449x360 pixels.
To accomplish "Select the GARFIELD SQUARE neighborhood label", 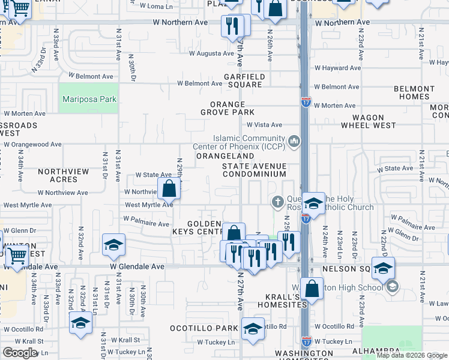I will coord(243,80).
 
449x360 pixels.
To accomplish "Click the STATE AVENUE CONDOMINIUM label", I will coord(254,170).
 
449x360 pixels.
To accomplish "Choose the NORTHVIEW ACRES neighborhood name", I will coord(63,175).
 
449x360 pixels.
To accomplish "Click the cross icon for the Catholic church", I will coord(277,200).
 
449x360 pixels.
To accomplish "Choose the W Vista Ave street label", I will coord(265,125).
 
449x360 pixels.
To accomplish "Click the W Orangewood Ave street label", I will coord(33,144).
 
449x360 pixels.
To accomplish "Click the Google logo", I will coord(20,352).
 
